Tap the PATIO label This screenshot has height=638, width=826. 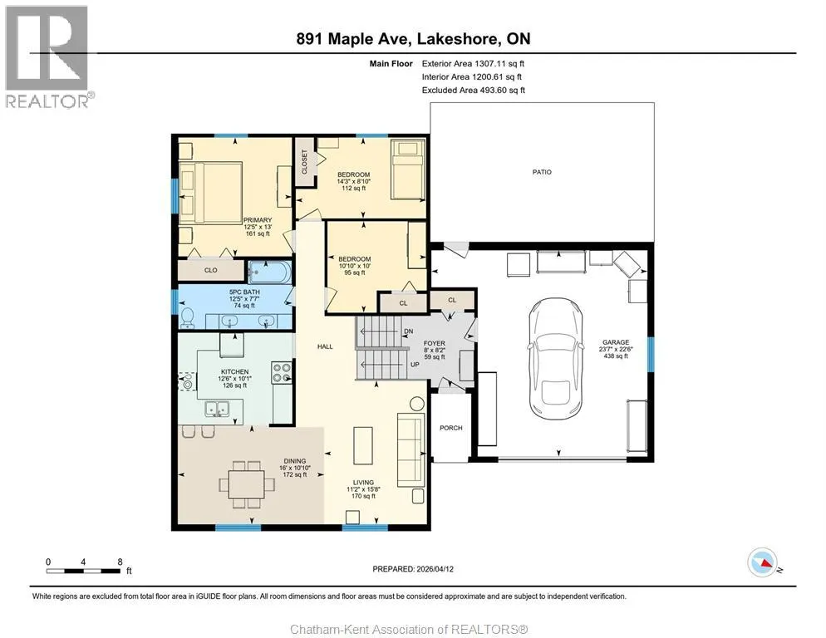[x=542, y=172]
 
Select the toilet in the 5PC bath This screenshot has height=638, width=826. [x=187, y=317]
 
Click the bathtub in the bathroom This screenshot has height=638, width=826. [x=269, y=272]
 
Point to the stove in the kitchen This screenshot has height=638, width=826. [x=282, y=372]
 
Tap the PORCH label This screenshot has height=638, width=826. [x=451, y=428]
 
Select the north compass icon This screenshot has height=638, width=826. [x=763, y=562]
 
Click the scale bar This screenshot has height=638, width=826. [x=84, y=571]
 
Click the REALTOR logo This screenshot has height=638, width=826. [x=47, y=56]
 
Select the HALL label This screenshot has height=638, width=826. [x=325, y=346]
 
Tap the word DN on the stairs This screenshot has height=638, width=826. [x=408, y=331]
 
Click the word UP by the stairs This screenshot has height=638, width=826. [x=415, y=365]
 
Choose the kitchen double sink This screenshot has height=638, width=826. [x=217, y=408]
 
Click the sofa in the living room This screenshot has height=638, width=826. [x=411, y=450]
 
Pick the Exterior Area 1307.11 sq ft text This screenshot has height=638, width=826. [x=473, y=64]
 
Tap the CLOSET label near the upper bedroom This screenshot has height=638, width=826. [x=304, y=162]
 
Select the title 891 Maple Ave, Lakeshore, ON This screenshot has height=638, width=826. [x=414, y=38]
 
